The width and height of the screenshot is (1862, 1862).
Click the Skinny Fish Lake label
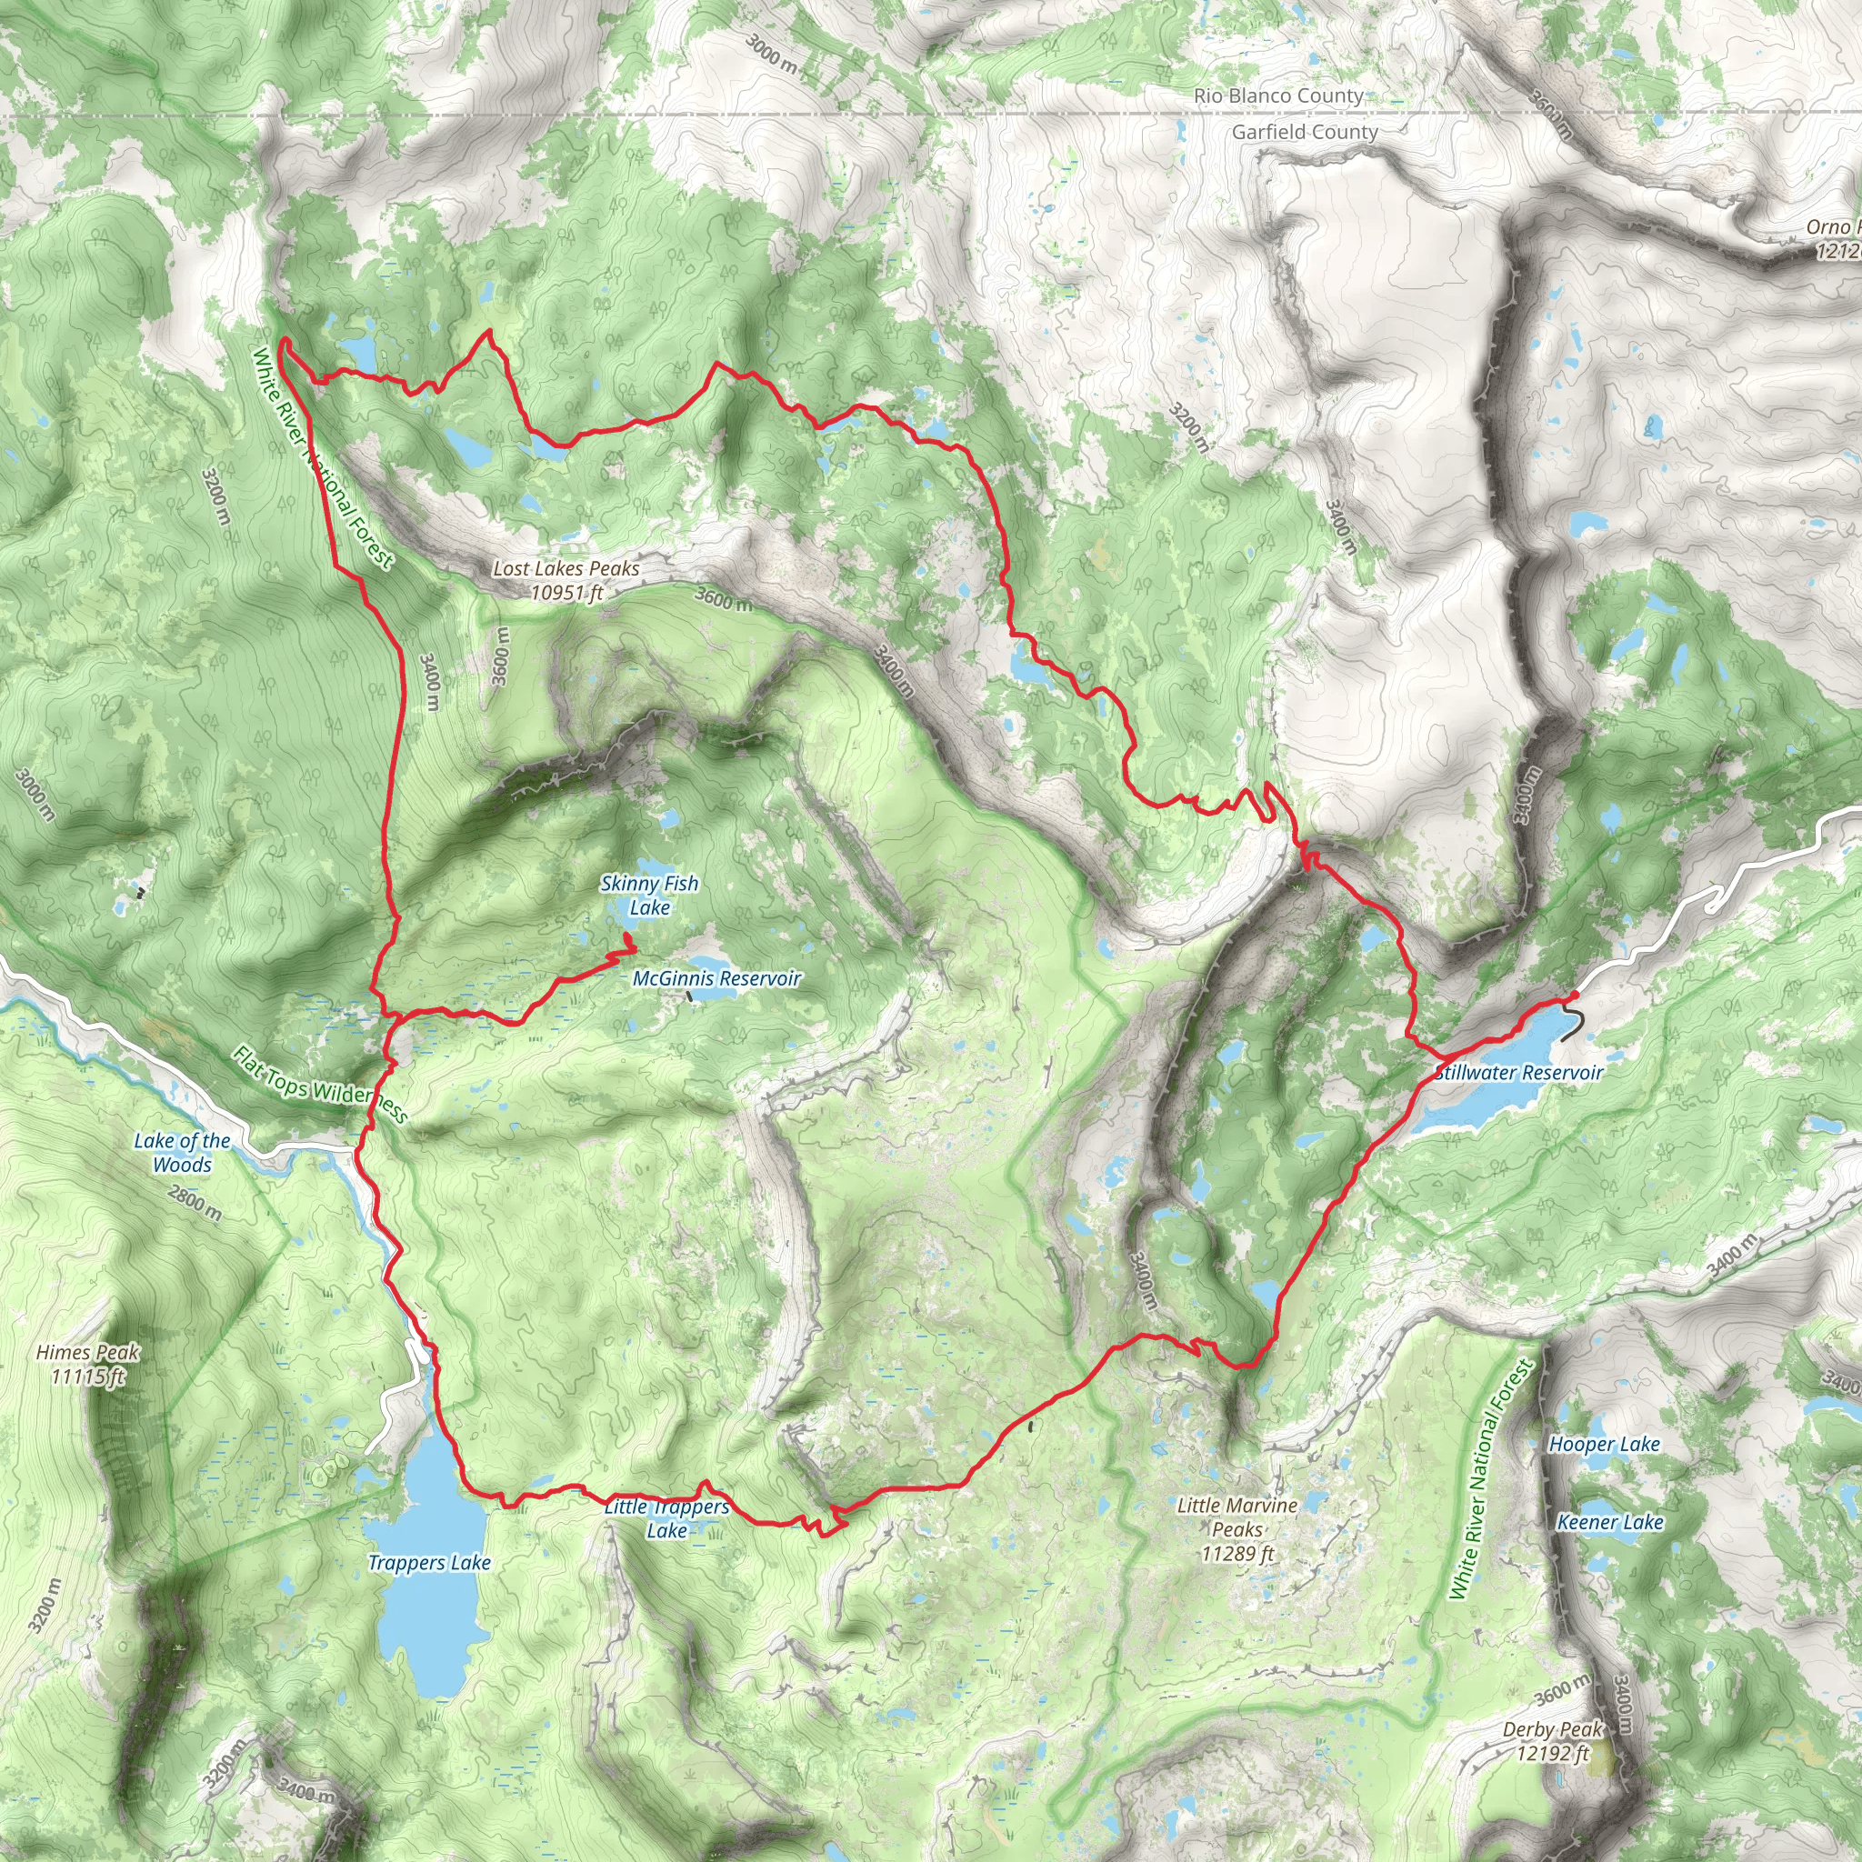tap(648, 895)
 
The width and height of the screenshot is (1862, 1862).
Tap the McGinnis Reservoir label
tap(716, 978)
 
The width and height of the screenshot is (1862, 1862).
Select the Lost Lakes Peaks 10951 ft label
tap(566, 579)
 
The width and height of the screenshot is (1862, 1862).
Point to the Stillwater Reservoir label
tap(1519, 1073)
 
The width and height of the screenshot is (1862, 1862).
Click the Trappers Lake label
tap(429, 1562)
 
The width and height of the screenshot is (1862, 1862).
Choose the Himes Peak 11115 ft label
tap(87, 1364)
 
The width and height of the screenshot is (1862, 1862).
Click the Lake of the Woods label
tap(181, 1152)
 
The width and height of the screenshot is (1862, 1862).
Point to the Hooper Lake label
tap(1604, 1444)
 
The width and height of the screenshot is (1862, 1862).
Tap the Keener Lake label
tap(1609, 1522)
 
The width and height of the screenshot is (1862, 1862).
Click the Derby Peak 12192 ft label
tap(1552, 1740)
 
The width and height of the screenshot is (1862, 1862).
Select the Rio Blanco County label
tap(1278, 95)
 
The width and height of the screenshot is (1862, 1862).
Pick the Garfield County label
tap(1304, 132)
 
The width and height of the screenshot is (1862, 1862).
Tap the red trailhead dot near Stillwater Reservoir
tap(1574, 995)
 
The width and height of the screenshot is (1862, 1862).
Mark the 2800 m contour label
tap(194, 1203)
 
